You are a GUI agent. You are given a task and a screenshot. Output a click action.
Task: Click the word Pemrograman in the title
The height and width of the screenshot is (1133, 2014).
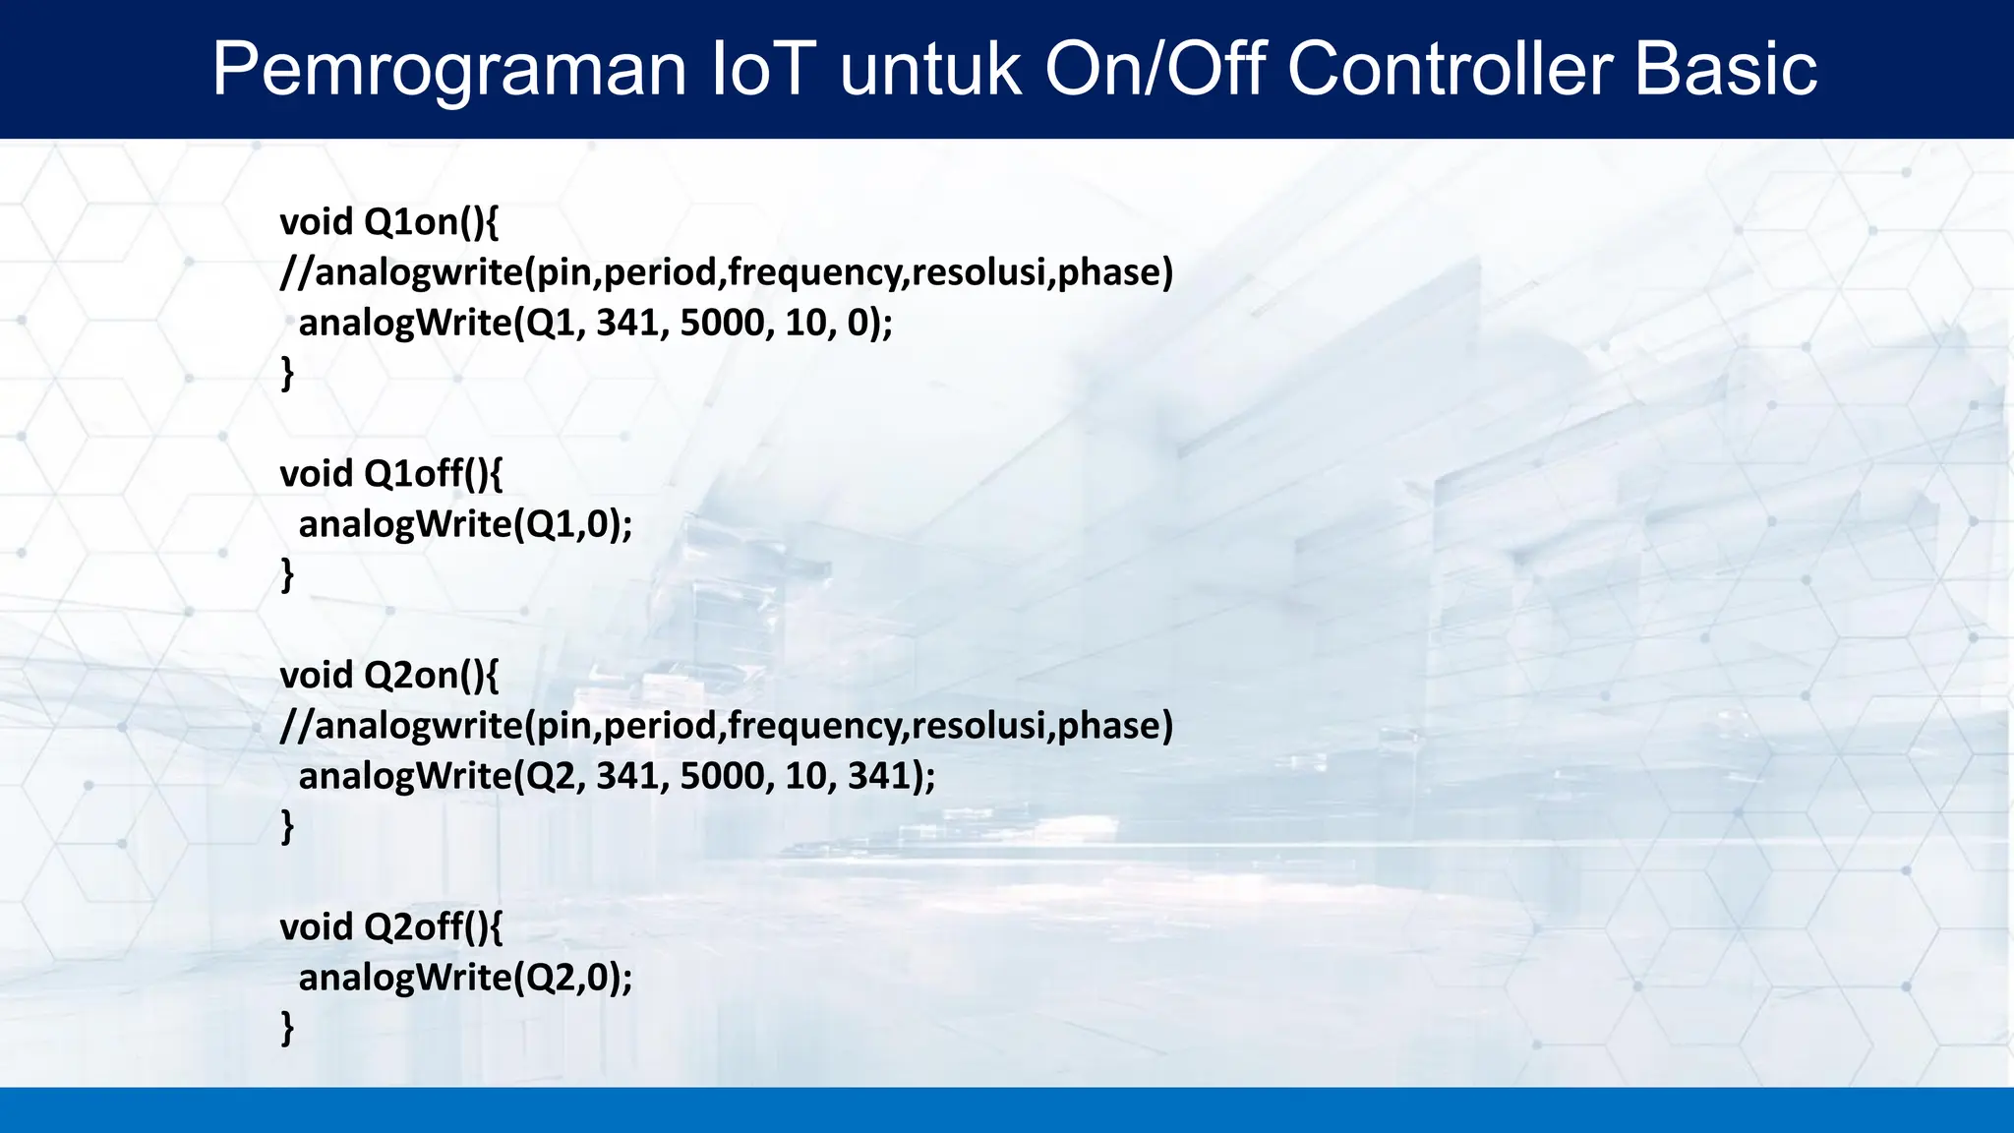tap(448, 71)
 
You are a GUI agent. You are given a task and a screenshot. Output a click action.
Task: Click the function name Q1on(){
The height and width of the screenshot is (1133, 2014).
tap(431, 222)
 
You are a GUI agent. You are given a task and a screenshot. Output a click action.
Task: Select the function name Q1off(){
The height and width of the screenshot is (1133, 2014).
tap(433, 474)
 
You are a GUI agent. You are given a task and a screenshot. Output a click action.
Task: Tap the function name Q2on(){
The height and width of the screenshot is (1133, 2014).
tap(431, 676)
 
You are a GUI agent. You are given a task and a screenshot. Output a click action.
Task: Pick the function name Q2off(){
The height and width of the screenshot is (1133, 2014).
tap(433, 927)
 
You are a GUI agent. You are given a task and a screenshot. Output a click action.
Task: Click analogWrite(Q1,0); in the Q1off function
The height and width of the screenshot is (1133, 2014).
tap(465, 525)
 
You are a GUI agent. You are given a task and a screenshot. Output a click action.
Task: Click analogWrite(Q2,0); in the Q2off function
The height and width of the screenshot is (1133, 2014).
tap(465, 979)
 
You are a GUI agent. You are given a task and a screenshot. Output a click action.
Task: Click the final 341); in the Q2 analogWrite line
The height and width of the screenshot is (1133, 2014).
tap(891, 777)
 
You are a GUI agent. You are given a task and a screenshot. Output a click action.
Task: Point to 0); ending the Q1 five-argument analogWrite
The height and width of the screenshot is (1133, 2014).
tap(869, 324)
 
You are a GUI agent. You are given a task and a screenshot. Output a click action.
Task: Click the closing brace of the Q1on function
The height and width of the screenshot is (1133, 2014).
tap(287, 374)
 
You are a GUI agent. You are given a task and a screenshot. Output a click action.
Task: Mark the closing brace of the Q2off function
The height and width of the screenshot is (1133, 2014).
tap(287, 1028)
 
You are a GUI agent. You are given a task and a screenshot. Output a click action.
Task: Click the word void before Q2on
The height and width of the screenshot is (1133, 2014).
tap(316, 676)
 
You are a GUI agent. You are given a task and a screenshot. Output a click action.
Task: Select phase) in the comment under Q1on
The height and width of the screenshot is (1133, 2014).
tap(1115, 273)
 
